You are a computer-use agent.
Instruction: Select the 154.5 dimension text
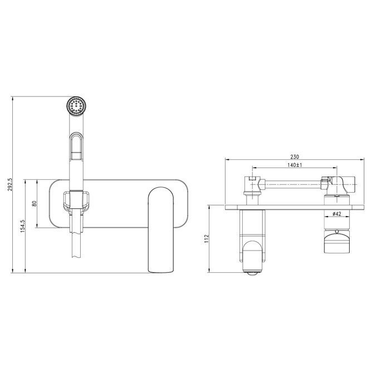point(23,226)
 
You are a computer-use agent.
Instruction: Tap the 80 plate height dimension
point(35,204)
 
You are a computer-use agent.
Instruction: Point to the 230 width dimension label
point(295,157)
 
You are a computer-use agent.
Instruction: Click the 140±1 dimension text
point(295,165)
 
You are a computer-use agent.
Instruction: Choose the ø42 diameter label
point(337,214)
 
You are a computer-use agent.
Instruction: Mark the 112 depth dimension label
point(207,238)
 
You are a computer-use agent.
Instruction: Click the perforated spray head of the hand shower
point(76,106)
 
